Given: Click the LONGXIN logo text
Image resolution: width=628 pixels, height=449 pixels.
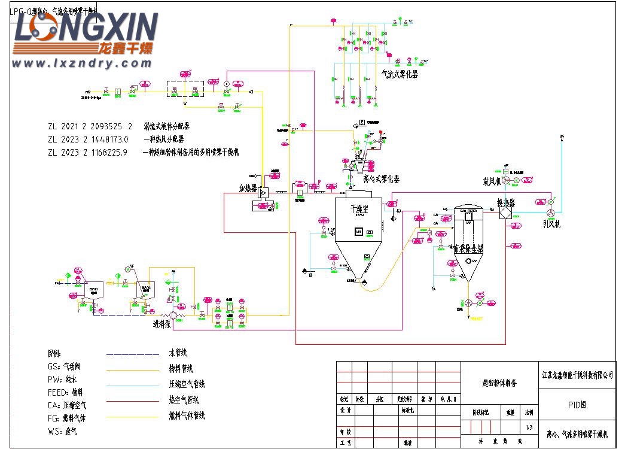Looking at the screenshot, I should tap(86, 28).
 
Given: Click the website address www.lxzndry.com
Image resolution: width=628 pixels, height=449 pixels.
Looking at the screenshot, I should tap(82, 63).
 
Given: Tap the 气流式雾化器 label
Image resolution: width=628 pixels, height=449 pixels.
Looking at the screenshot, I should tap(400, 74).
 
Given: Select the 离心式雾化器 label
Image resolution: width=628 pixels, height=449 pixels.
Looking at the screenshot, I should tap(381, 179).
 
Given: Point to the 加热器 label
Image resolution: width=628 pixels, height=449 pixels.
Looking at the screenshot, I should tap(248, 188).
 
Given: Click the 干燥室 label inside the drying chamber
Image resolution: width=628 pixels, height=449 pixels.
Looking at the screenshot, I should tap(359, 210).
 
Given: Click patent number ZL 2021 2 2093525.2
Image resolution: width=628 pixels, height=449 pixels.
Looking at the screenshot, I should tap(90, 127).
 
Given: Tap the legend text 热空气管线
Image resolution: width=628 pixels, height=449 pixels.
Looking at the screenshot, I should tap(184, 400).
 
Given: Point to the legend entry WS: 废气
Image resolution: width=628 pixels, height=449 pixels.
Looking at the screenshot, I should tap(62, 431).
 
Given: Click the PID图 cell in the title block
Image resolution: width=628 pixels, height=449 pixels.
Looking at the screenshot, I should tap(577, 405).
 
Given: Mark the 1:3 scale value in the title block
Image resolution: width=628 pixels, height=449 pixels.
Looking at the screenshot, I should tap(528, 427).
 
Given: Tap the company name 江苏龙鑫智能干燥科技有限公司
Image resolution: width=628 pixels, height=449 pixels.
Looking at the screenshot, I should tap(577, 375).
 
